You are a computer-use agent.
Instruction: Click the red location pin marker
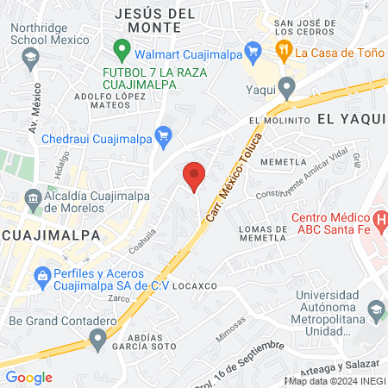point(195,176)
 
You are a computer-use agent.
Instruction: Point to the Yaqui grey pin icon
point(287,86)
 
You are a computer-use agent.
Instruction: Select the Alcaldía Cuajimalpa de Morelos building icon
point(33,199)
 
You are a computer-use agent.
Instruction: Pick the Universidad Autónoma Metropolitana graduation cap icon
point(376,309)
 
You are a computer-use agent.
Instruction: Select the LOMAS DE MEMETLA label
point(261,234)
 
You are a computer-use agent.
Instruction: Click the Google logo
point(28,377)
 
